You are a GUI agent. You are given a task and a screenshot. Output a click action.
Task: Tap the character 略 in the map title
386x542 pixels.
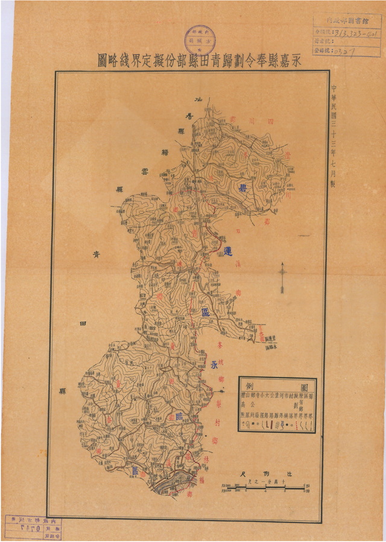[113, 60]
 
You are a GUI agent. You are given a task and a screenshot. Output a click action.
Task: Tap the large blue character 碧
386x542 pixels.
[259, 187]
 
